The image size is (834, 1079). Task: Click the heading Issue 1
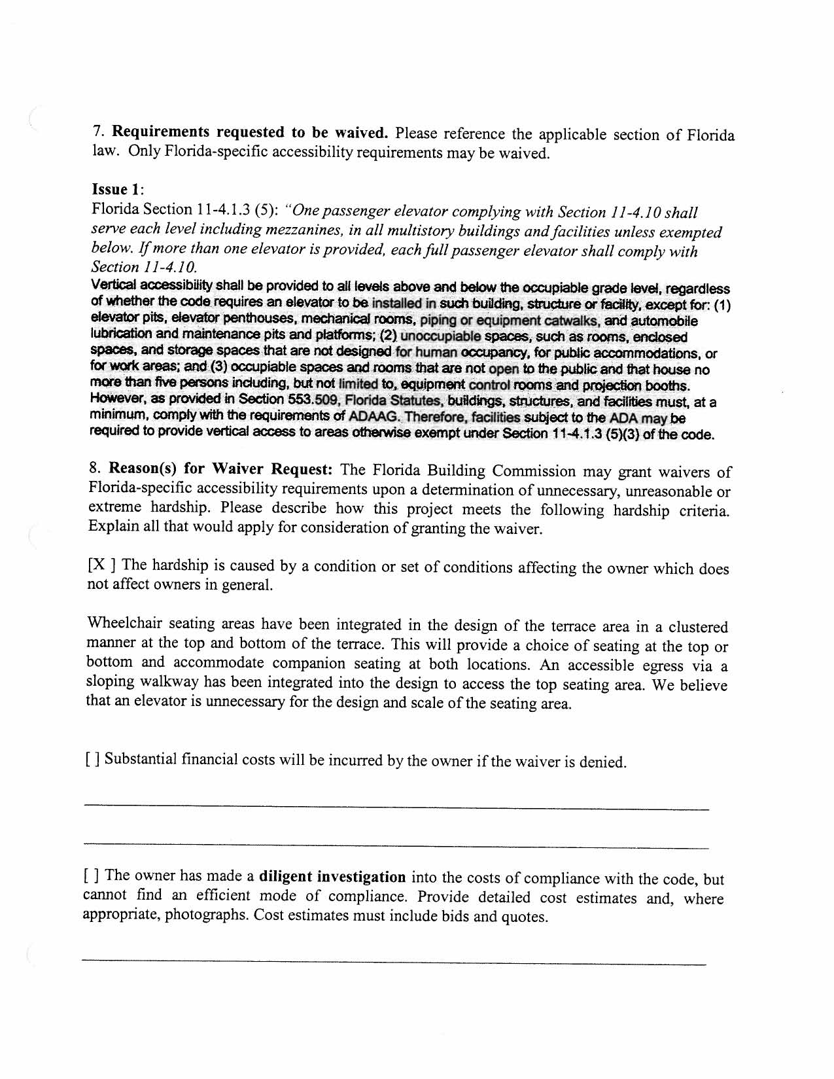[x=117, y=190]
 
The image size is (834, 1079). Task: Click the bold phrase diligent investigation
[x=332, y=877]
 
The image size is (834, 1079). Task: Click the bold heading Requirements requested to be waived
[x=251, y=132]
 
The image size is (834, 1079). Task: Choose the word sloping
[x=110, y=682]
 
